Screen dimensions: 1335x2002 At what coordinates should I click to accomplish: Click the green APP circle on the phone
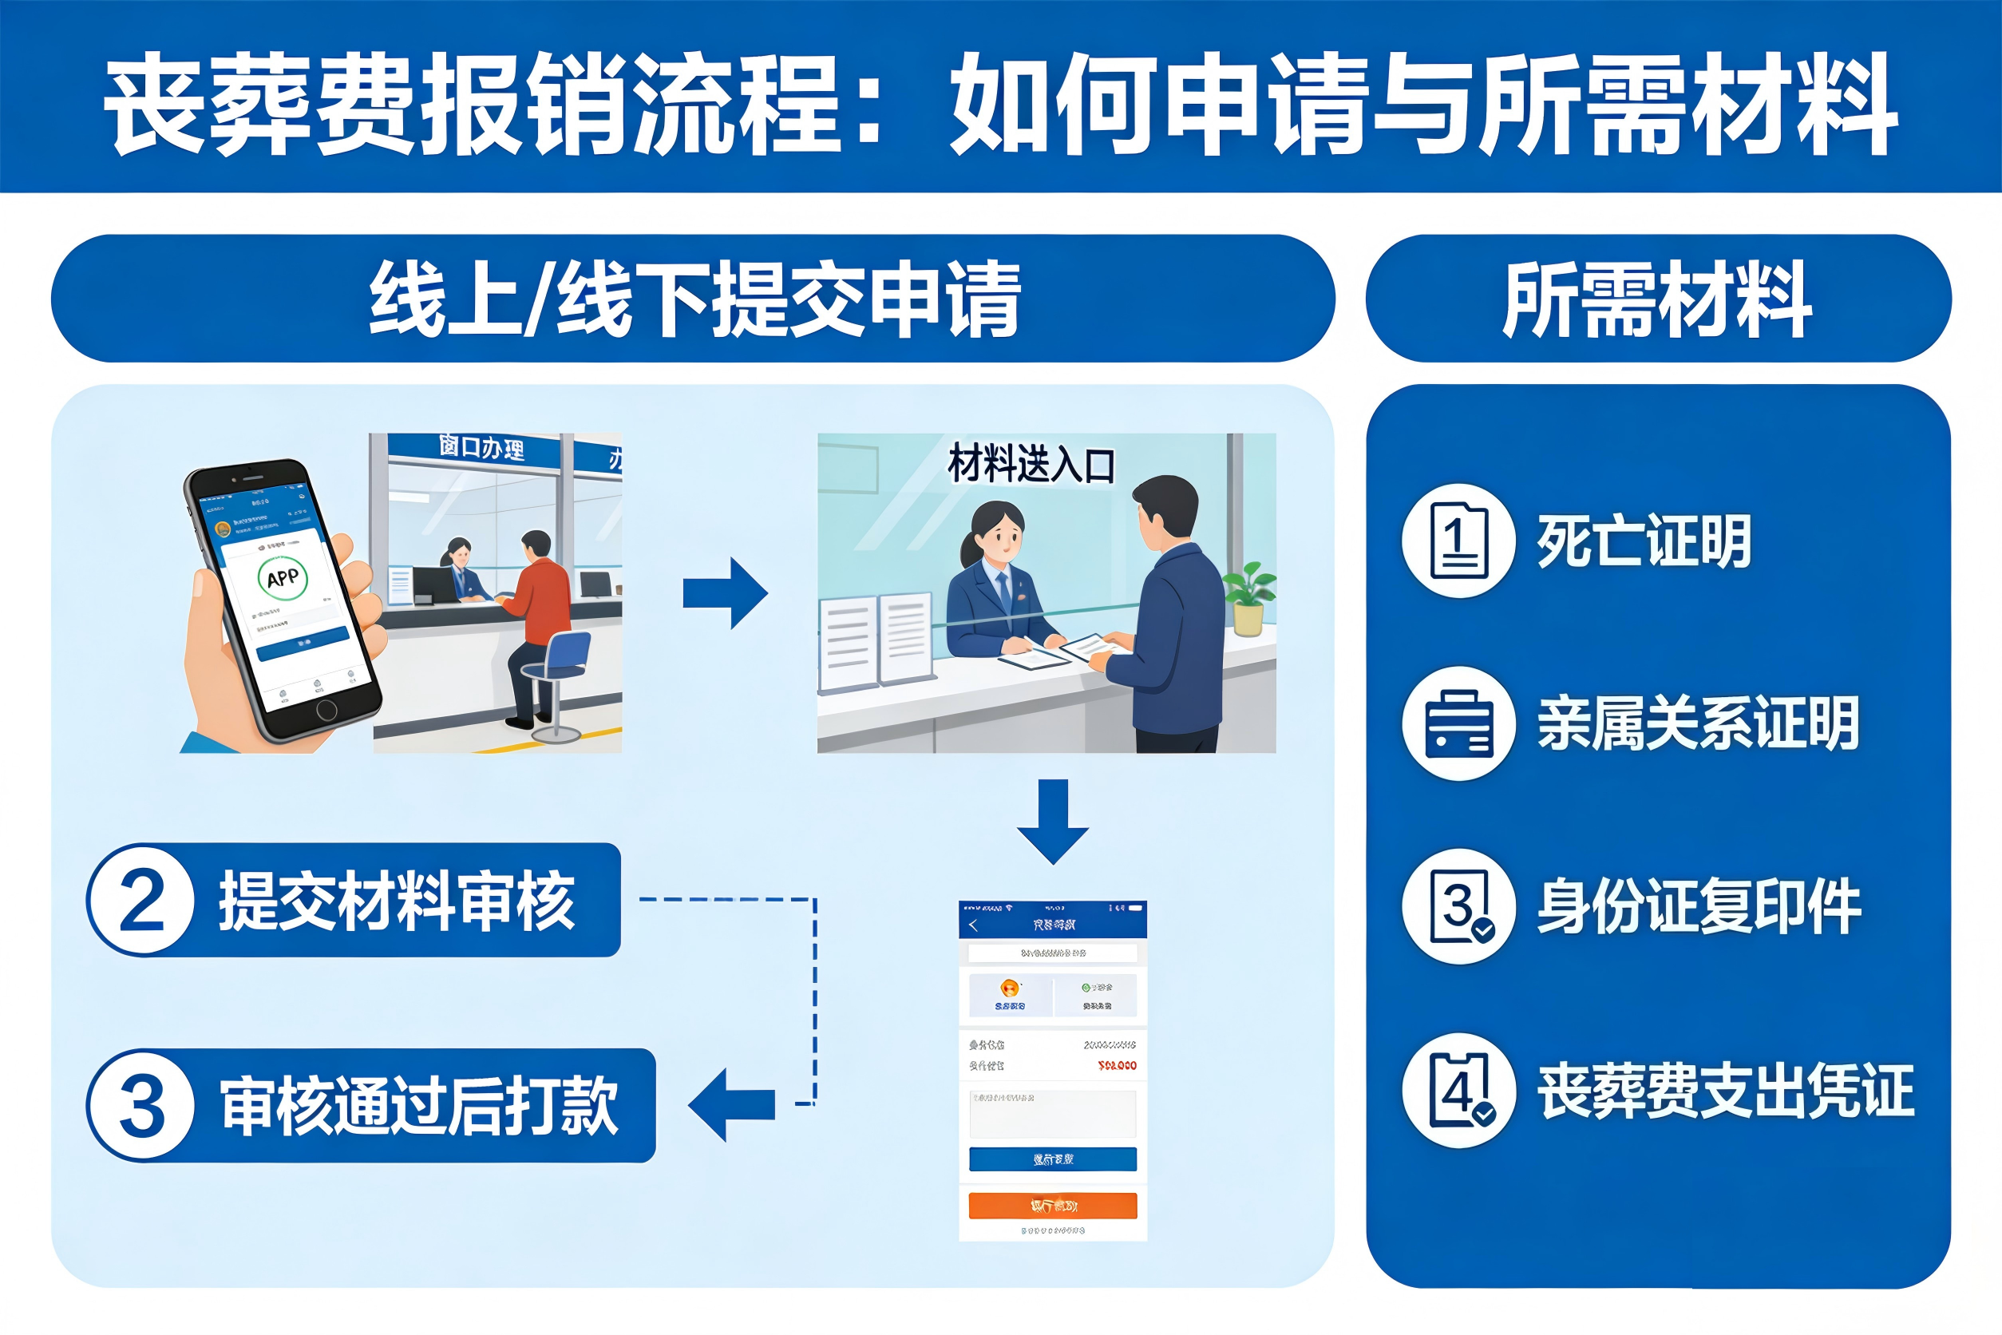(x=282, y=578)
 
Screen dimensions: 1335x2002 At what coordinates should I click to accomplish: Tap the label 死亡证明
(x=1643, y=541)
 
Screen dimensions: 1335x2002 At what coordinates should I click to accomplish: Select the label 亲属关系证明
(x=1697, y=723)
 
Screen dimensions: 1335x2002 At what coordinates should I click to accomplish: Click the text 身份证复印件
(x=1698, y=907)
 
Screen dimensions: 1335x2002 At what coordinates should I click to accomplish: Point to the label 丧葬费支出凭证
(x=1724, y=1091)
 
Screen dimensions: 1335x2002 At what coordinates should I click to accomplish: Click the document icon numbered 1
(x=1459, y=541)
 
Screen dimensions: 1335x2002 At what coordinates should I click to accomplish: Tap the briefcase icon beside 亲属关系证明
(x=1459, y=723)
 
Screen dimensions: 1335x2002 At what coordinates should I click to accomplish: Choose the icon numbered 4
(x=1459, y=1091)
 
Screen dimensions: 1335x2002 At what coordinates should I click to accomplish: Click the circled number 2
(x=141, y=901)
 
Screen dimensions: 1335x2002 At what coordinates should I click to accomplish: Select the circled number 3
(x=141, y=1106)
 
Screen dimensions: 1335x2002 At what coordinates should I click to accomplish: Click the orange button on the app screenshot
(x=1052, y=1206)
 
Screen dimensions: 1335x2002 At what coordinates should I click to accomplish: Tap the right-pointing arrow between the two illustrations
(x=726, y=593)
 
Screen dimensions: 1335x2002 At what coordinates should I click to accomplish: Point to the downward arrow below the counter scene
(x=1053, y=821)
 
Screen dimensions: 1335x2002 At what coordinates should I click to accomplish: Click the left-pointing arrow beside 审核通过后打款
(x=731, y=1104)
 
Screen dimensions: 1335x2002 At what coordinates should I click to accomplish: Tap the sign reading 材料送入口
(x=1031, y=465)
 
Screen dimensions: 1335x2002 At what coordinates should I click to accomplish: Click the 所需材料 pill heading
(x=1657, y=299)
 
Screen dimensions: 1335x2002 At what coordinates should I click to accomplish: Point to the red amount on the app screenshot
(x=1117, y=1065)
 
